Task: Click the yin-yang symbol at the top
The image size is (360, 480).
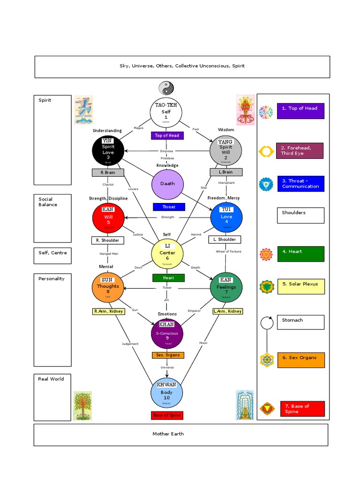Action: (x=166, y=88)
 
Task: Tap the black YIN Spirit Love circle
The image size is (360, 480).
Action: (x=108, y=150)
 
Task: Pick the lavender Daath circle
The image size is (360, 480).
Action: (x=167, y=183)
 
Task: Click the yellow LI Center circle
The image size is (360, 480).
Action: (x=167, y=253)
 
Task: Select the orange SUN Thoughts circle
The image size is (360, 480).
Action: (x=108, y=286)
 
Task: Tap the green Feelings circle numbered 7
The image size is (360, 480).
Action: (x=226, y=286)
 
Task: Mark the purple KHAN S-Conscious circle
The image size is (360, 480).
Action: (x=167, y=333)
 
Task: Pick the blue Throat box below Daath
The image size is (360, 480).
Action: (x=169, y=207)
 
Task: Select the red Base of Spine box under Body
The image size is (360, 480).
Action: (x=167, y=415)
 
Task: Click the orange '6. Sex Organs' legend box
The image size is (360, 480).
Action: (x=300, y=360)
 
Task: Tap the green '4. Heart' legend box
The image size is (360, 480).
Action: (x=300, y=254)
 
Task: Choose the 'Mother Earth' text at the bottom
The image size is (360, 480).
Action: (x=168, y=434)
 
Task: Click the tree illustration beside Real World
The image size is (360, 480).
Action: (x=82, y=405)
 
